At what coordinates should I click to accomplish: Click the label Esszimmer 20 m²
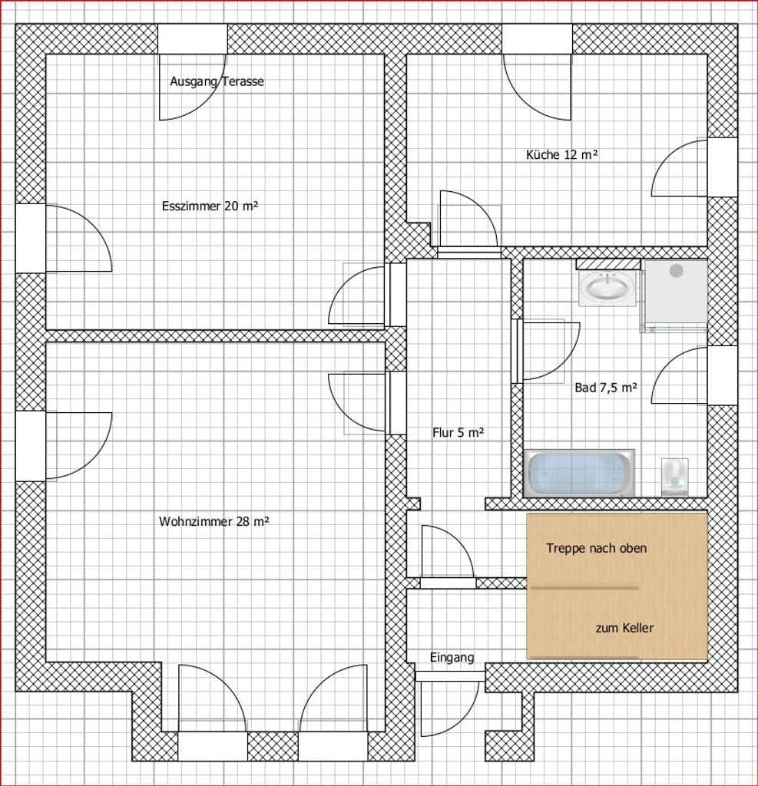(210, 206)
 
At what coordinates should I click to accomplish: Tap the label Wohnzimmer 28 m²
(214, 521)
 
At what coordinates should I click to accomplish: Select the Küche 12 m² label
(562, 154)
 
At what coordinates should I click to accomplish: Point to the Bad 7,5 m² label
(606, 388)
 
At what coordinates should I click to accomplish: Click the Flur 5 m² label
(458, 433)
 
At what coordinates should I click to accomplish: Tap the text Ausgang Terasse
(217, 81)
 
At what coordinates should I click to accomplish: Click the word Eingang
(452, 657)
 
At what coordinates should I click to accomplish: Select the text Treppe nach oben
(597, 548)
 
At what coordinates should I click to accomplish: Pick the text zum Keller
(624, 628)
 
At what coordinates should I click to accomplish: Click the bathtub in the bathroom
(579, 473)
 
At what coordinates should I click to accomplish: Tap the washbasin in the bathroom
(607, 288)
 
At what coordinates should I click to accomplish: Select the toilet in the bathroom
(675, 477)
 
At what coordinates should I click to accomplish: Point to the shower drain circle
(677, 271)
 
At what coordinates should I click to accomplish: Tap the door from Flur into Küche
(469, 223)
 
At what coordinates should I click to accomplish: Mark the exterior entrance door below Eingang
(449, 705)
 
